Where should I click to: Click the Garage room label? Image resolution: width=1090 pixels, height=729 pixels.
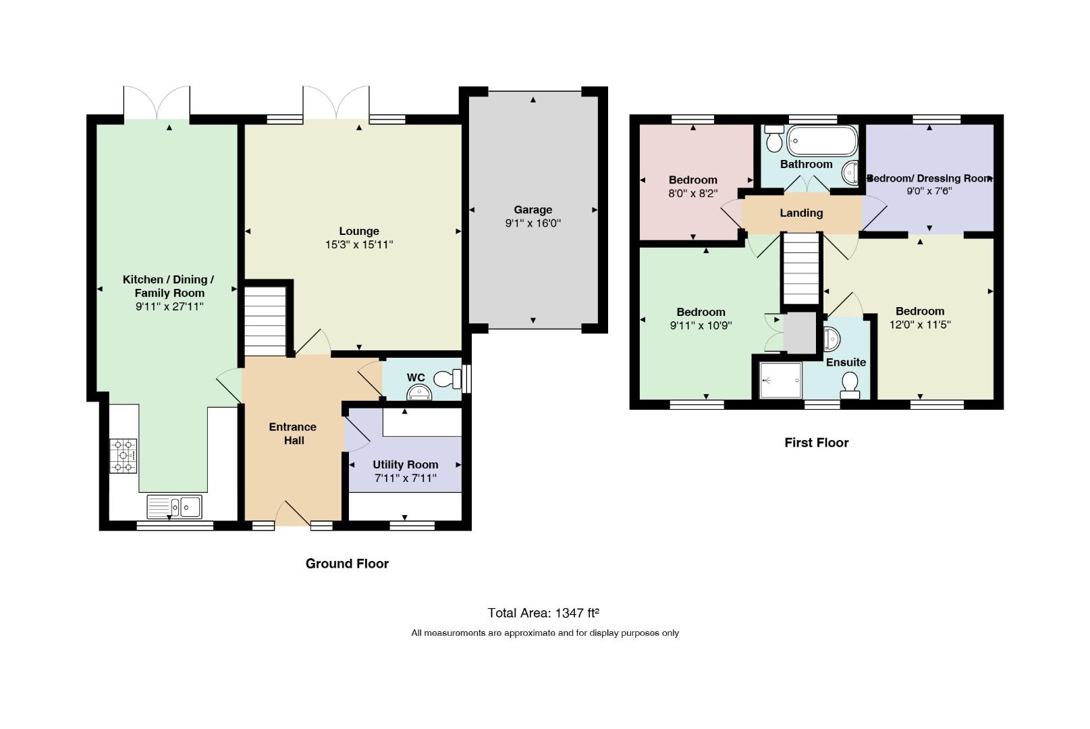tap(533, 210)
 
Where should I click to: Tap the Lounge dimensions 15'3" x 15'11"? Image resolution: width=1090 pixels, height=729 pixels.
tap(359, 244)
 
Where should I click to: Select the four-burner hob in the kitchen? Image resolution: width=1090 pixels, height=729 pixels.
tap(123, 456)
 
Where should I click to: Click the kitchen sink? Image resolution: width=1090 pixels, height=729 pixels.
tap(174, 507)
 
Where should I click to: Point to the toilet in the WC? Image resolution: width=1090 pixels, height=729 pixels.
tap(447, 379)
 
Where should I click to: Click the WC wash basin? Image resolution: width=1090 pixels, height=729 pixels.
tap(419, 392)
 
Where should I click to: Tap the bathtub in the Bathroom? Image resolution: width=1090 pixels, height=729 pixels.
tap(822, 140)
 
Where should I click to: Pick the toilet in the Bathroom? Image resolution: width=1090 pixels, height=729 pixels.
tap(773, 138)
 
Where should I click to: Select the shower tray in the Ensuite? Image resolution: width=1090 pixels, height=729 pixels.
tap(780, 380)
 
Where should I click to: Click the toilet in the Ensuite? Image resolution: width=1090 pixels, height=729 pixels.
tap(850, 385)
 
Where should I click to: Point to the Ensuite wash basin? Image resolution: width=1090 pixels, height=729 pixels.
tap(832, 339)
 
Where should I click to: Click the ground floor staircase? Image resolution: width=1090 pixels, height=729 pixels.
tap(265, 321)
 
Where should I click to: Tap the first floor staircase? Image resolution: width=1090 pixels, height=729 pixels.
tap(801, 269)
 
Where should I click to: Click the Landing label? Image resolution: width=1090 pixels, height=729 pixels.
tap(801, 213)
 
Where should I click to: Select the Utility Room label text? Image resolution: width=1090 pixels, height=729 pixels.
tap(406, 465)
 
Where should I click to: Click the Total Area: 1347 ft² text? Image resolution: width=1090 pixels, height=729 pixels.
tap(543, 613)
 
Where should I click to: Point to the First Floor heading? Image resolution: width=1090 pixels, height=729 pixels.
tap(817, 442)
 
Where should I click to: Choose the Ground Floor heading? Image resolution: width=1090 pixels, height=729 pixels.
tap(347, 564)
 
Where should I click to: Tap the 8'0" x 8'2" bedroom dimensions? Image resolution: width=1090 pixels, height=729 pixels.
tap(693, 193)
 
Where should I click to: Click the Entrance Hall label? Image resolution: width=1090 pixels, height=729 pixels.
tap(293, 433)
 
